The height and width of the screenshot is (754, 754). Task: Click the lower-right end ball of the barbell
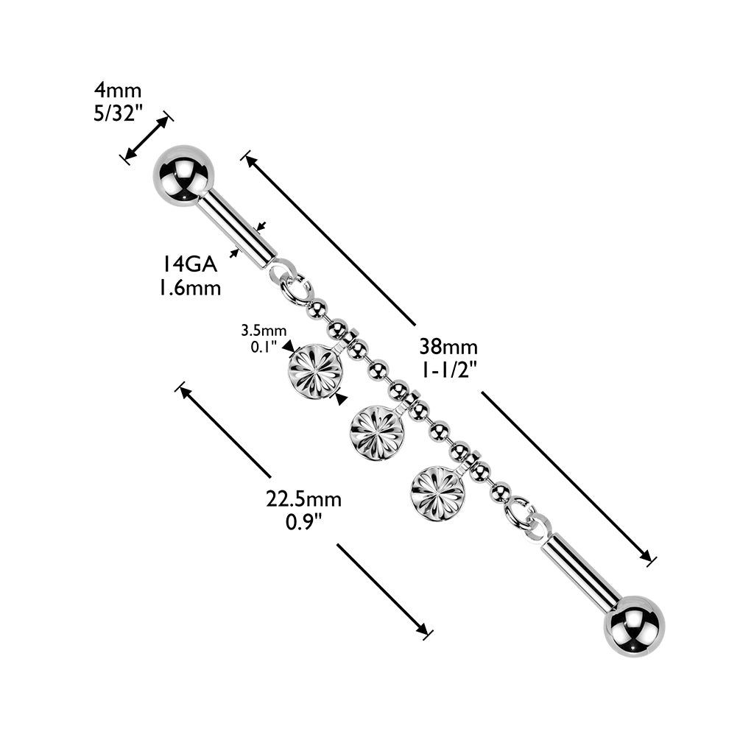[634, 626]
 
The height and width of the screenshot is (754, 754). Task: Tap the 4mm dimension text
[117, 91]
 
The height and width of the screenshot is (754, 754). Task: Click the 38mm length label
[448, 346]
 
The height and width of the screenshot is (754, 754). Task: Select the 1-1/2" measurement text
[448, 370]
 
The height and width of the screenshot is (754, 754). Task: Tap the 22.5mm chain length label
[303, 499]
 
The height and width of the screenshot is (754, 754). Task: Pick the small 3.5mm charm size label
[264, 330]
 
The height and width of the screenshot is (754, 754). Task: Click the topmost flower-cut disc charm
[315, 370]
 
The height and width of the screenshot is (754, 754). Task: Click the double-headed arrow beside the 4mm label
[146, 137]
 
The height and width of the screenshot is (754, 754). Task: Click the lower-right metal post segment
[581, 571]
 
